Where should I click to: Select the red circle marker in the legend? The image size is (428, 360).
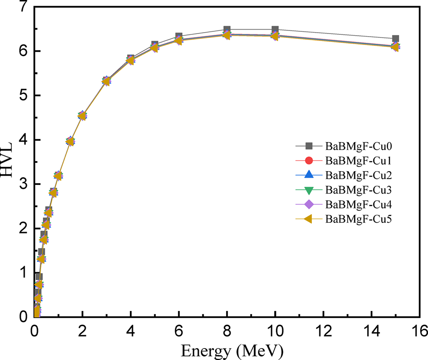309,160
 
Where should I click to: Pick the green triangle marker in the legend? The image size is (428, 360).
309,190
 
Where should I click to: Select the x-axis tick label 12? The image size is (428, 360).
323,330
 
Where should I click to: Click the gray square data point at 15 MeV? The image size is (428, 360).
395,39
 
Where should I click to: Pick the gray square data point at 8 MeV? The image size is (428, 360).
227,30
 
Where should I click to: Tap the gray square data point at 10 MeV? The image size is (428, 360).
275,30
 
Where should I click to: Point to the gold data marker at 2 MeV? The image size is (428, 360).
82,116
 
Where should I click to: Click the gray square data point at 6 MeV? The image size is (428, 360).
179,36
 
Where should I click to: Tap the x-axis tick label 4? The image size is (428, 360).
131,330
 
